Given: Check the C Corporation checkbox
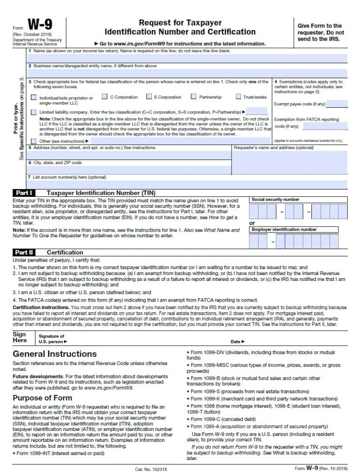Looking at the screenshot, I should point(105,97).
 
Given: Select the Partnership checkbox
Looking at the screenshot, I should point(194,97).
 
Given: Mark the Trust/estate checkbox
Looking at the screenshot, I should point(238,97).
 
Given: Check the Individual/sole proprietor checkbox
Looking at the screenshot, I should point(33,98).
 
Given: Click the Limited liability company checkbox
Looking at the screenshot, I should point(33,113).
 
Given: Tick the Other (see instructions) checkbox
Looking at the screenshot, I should point(33,141).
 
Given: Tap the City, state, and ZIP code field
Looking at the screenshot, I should point(129,169).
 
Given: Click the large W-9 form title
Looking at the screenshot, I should point(41,24).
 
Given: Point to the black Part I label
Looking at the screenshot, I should point(23,193).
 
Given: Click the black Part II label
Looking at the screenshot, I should point(23,252).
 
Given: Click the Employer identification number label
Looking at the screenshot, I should point(284,230).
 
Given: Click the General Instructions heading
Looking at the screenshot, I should point(55,354).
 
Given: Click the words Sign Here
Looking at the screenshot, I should point(19,338).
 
